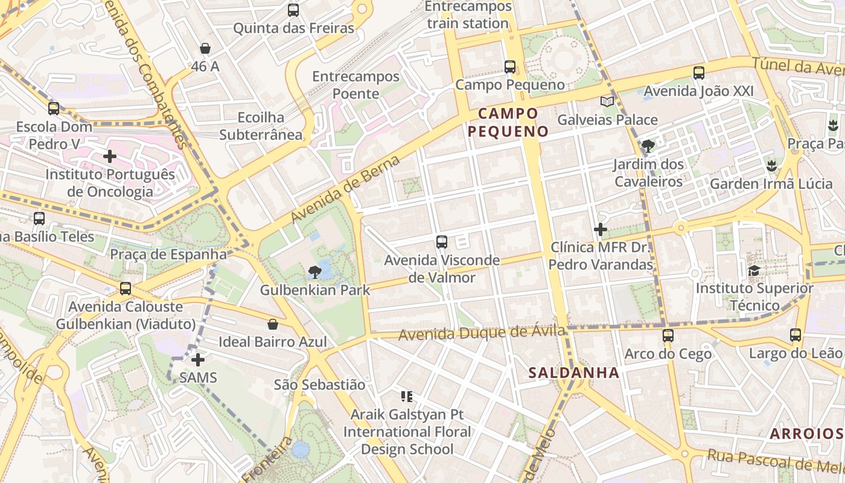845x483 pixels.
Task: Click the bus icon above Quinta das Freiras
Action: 293,10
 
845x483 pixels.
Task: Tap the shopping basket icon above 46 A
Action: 205,49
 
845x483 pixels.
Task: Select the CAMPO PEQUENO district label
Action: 508,122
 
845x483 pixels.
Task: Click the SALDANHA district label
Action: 574,373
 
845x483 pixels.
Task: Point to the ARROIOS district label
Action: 806,433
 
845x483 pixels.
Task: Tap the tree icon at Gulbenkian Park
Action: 314,272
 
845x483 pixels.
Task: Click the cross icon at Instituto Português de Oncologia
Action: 110,157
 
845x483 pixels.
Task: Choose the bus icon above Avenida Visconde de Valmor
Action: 442,242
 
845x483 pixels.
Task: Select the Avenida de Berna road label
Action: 345,189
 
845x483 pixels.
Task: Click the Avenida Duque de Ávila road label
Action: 482,333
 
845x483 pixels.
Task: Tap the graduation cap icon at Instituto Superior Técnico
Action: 754,270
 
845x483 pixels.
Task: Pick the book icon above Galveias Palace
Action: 607,102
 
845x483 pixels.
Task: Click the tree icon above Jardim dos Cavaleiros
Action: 648,146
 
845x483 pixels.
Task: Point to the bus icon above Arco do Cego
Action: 668,336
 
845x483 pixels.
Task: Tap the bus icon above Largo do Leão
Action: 796,335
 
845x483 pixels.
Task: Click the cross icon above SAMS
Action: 198,360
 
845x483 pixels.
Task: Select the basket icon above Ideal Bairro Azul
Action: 273,324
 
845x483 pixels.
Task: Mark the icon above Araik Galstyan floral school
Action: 407,397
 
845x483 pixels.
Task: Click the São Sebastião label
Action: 319,385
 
